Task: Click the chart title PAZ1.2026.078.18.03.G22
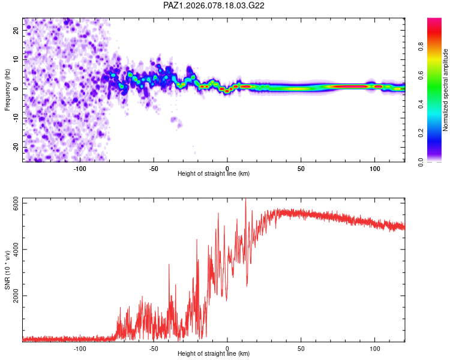[214, 5]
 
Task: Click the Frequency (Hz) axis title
[8, 91]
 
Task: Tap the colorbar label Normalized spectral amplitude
[445, 90]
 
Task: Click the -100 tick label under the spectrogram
[80, 169]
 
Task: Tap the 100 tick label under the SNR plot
[375, 348]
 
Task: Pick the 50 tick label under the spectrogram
[301, 169]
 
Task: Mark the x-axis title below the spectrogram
[214, 174]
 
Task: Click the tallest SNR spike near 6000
[245, 200]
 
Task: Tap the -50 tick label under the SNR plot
[154, 348]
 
